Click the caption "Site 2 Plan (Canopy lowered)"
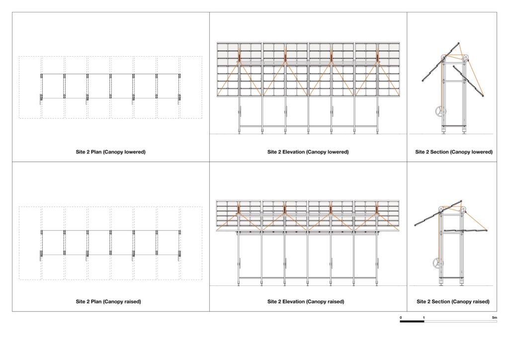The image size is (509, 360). coord(111,152)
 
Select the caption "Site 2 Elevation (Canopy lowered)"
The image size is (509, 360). coord(308,152)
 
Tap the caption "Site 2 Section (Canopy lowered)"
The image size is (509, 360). coord(454,152)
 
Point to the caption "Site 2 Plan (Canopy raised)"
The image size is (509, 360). coord(108,301)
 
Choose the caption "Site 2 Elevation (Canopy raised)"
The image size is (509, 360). coord(306,301)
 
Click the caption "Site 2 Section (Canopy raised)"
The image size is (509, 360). coord(453,301)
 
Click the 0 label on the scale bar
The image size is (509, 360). coord(401,317)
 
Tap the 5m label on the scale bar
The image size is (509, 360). coord(495,317)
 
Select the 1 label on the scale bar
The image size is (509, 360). coord(424,317)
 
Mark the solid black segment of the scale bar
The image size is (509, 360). coord(412,321)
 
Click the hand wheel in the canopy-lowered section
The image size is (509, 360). coord(440,112)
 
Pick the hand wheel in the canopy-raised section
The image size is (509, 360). coord(438,263)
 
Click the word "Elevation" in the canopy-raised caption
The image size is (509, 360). coord(293,301)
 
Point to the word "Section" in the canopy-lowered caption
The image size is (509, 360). coord(440,152)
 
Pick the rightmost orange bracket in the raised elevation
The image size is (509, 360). coord(377,210)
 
